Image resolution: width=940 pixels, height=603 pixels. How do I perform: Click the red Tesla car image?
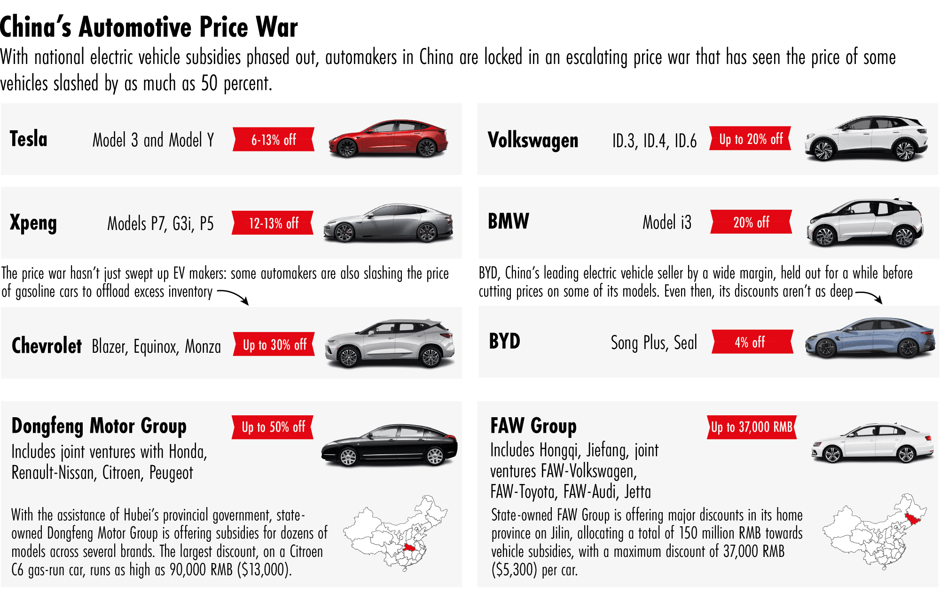[x=388, y=139]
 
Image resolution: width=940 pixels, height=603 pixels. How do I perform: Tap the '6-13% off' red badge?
[x=274, y=140]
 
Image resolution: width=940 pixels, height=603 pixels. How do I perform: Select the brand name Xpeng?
[x=33, y=223]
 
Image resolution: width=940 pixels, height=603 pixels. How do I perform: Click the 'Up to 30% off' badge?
[x=274, y=345]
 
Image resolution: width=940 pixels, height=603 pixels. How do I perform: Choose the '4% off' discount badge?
[x=752, y=342]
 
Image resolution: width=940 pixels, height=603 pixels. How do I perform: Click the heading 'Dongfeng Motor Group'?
[x=99, y=426]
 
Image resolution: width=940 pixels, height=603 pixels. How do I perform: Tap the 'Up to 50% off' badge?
[x=273, y=427]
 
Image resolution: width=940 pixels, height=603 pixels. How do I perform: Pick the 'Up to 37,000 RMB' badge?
[x=752, y=427]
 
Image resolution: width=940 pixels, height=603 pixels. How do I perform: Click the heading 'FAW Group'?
[x=533, y=426]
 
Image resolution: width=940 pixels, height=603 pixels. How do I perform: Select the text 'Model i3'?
[x=667, y=222]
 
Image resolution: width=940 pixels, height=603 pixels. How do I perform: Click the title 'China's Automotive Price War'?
[x=149, y=27]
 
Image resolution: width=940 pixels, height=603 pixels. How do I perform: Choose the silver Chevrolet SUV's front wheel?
[x=348, y=357]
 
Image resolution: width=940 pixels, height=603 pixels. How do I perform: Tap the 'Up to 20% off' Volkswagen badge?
[x=751, y=139]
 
